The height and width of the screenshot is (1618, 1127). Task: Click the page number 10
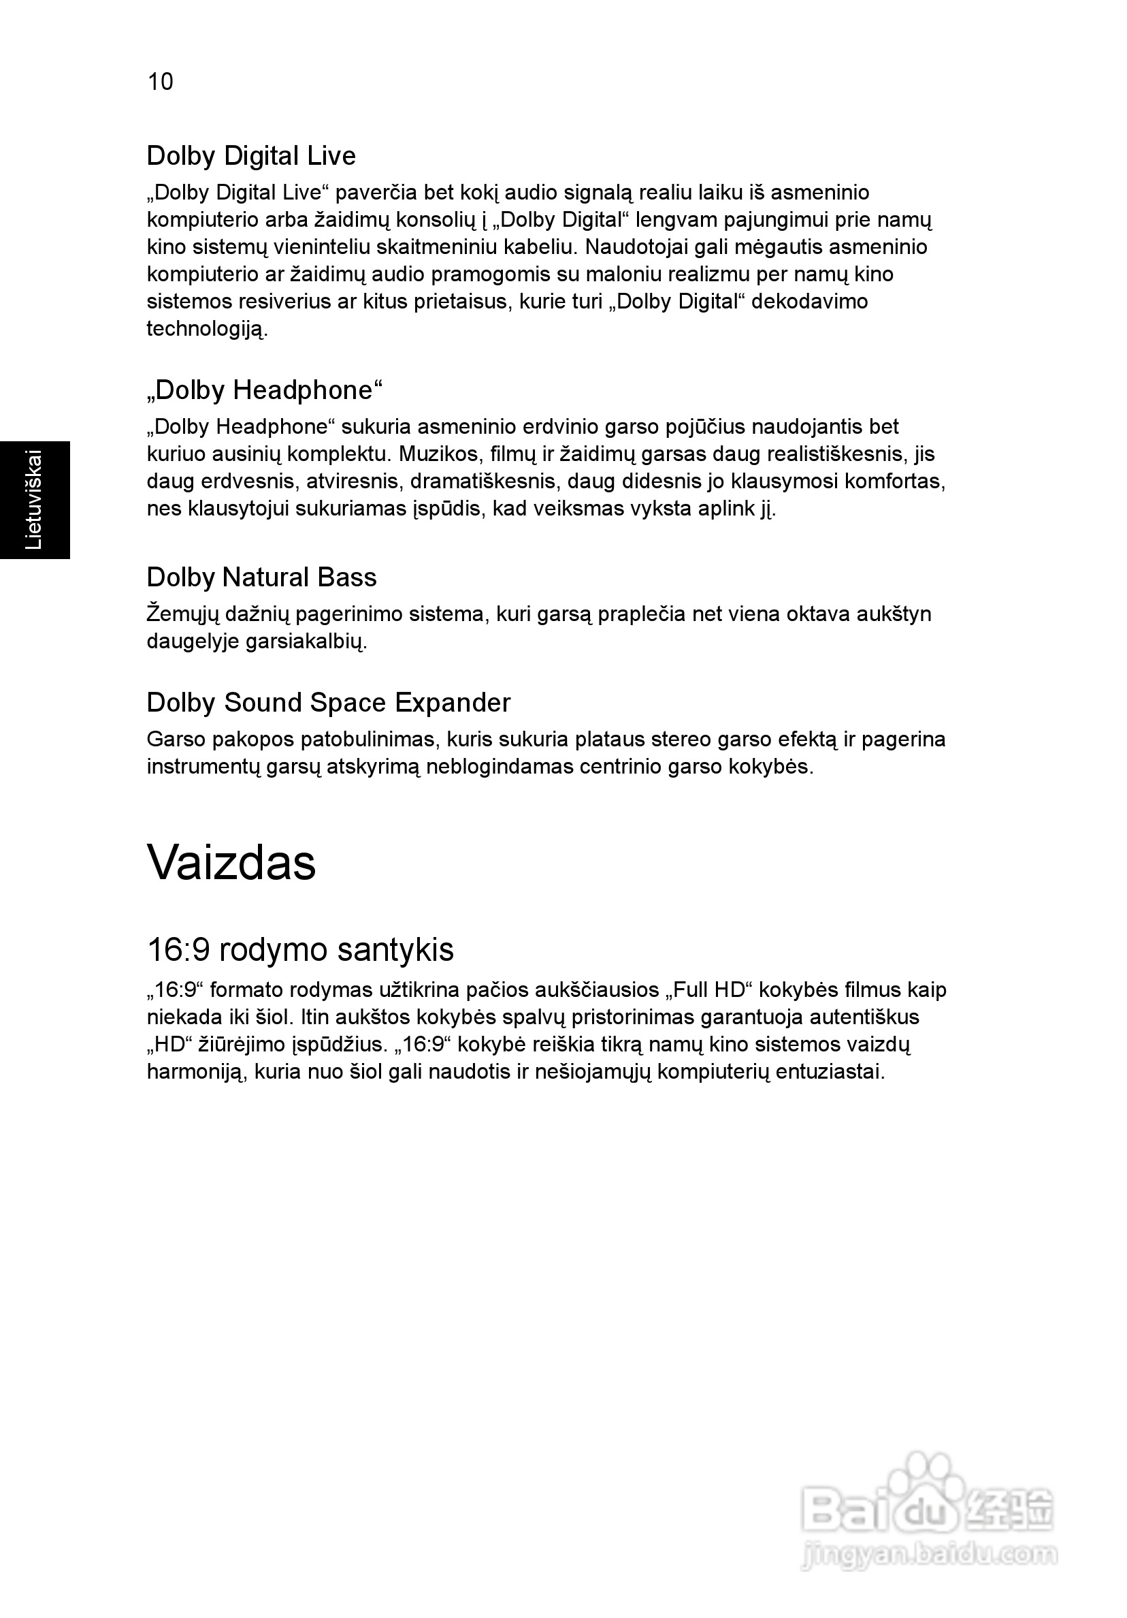click(x=160, y=82)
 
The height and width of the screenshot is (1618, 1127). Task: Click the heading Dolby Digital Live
click(x=250, y=156)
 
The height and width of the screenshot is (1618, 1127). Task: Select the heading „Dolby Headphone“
click(x=264, y=390)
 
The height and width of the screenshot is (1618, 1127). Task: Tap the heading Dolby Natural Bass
click(x=261, y=577)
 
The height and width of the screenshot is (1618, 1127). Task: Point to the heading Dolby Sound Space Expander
click(x=328, y=703)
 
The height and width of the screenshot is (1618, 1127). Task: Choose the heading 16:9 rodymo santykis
click(x=300, y=949)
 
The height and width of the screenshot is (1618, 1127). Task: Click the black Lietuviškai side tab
click(x=35, y=500)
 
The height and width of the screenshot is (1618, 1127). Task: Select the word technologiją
click(x=206, y=329)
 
